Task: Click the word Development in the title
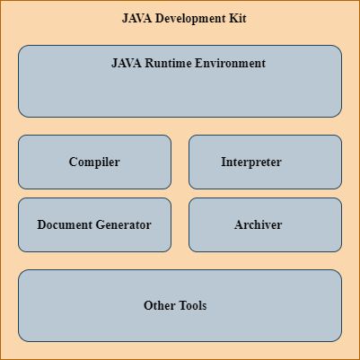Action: [191, 19]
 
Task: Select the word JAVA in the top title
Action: [137, 18]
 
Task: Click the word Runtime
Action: [168, 63]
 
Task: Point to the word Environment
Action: [230, 63]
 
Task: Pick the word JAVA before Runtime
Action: [127, 63]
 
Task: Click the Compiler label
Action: [94, 162]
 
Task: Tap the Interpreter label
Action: [251, 162]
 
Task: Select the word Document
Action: [65, 224]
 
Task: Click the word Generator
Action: [123, 224]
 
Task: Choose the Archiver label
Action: [258, 224]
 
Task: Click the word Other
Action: [160, 305]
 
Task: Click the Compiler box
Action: [94, 162]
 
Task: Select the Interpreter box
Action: [265, 162]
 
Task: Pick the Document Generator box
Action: [94, 224]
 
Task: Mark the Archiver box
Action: [265, 224]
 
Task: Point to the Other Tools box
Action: [180, 305]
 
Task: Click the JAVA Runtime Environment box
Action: [180, 81]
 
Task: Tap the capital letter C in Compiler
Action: [73, 162]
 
